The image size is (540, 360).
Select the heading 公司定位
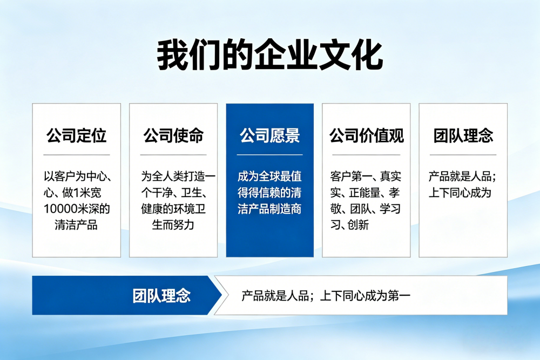point(76,135)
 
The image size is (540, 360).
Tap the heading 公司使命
point(173,135)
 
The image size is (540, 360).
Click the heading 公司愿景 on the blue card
point(269,135)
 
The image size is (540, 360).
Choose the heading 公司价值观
point(366,135)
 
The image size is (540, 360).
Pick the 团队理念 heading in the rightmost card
point(463,135)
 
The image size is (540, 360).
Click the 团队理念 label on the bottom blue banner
point(161,296)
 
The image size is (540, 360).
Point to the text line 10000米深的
point(76,209)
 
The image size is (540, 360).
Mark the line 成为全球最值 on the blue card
point(269,176)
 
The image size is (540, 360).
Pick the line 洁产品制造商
point(269,209)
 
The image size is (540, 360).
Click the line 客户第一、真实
point(366,176)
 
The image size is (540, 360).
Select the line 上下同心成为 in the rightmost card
point(460,193)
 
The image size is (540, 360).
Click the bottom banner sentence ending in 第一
point(326,296)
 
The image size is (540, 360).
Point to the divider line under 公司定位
point(76,155)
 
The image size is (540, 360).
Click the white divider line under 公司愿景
point(269,155)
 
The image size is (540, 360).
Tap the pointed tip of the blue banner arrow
point(221,296)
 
